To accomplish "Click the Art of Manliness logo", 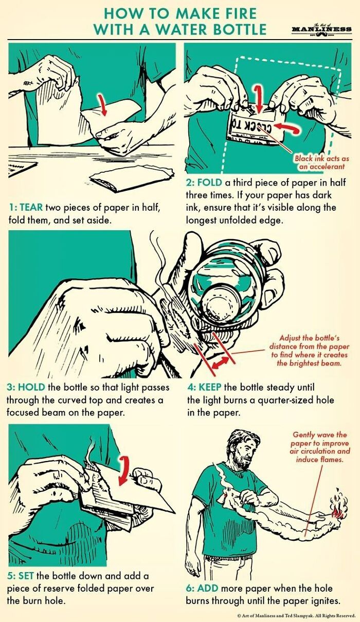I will pos(321,29).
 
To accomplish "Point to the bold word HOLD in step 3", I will pos(32,387).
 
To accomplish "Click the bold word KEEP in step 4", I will pos(210,387).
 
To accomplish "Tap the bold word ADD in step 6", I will pos(208,588).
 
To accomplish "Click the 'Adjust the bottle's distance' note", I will pos(309,351).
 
